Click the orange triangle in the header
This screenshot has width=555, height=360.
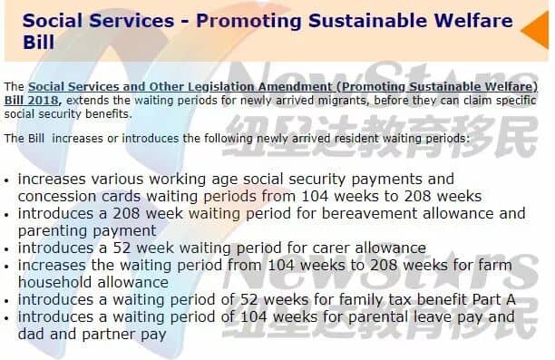[538, 30]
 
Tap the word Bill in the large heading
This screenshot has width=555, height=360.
[39, 42]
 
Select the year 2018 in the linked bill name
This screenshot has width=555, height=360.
[44, 100]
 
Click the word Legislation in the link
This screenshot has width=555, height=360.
[221, 87]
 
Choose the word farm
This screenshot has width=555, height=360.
[494, 265]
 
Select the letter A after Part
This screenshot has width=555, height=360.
[511, 300]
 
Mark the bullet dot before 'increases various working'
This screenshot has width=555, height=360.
[6, 180]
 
